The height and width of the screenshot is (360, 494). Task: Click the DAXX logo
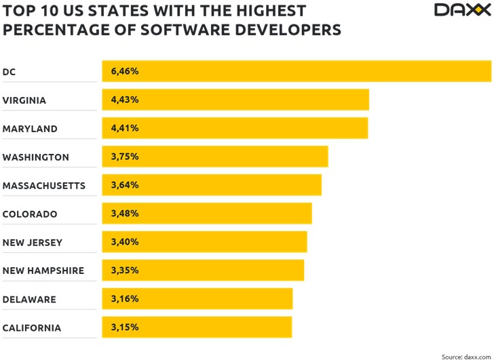pyautogui.click(x=461, y=10)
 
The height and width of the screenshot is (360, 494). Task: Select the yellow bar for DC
pyautogui.click(x=297, y=71)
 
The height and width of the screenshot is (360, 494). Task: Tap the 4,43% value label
pyautogui.click(x=125, y=100)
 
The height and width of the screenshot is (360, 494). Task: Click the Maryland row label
pyautogui.click(x=30, y=129)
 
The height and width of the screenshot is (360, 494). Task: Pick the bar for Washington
pyautogui.click(x=215, y=157)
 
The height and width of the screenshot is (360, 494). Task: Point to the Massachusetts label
pyautogui.click(x=44, y=186)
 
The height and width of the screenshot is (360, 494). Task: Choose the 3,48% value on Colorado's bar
pyautogui.click(x=125, y=214)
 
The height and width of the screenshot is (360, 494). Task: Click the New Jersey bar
pyautogui.click(x=204, y=242)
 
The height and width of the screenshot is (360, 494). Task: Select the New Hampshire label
pyautogui.click(x=43, y=271)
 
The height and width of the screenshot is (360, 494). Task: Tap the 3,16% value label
pyautogui.click(x=125, y=299)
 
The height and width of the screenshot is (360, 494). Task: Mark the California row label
pyautogui.click(x=32, y=328)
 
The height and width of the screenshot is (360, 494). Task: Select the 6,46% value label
pyautogui.click(x=125, y=71)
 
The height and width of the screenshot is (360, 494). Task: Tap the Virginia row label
pyautogui.click(x=24, y=100)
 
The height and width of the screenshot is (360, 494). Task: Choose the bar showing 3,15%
pyautogui.click(x=197, y=327)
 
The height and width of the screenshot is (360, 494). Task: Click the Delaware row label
pyautogui.click(x=29, y=300)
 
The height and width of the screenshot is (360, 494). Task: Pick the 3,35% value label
pyautogui.click(x=125, y=271)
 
